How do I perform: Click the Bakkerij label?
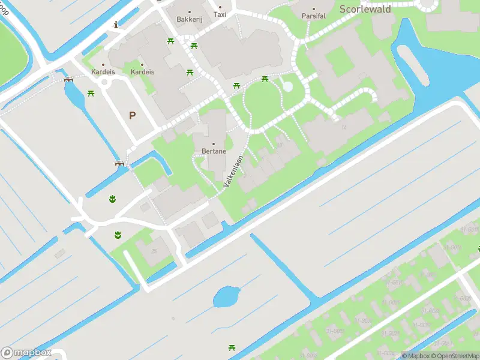[190, 19]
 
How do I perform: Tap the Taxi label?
[220, 14]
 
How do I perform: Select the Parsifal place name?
[313, 16]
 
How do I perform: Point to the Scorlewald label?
[365, 9]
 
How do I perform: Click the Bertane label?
[214, 151]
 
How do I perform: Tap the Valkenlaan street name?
[234, 171]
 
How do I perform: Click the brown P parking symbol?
[132, 115]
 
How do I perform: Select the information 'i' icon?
[116, 25]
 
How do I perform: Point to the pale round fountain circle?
[287, 86]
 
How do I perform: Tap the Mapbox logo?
[25, 353]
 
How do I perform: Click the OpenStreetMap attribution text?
[454, 356]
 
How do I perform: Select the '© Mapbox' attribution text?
[416, 356]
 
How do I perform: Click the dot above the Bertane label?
[213, 144]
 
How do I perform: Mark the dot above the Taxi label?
[220, 7]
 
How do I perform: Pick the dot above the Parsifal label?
[313, 8]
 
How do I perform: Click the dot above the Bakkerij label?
[190, 12]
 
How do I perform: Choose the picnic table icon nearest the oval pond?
[232, 347]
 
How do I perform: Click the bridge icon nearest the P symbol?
[119, 163]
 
